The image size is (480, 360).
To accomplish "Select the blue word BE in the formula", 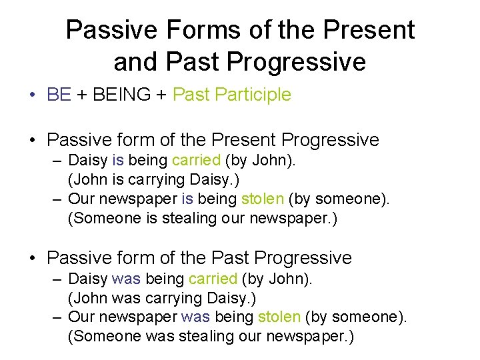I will pyautogui.click(x=59, y=95).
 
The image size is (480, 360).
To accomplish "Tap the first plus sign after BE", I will pyautogui.click(x=81, y=95).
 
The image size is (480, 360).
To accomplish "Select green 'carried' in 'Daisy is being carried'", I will pyautogui.click(x=195, y=161).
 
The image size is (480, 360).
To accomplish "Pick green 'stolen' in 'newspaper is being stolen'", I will pyautogui.click(x=263, y=199).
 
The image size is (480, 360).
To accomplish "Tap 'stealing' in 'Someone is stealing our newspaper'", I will pyautogui.click(x=170, y=219).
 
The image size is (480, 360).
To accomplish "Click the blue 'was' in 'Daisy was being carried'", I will pyautogui.click(x=126, y=278).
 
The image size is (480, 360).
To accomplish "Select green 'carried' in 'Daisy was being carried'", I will pyautogui.click(x=213, y=278).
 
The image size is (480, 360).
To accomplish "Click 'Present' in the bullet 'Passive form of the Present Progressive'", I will pyautogui.click(x=245, y=141).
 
